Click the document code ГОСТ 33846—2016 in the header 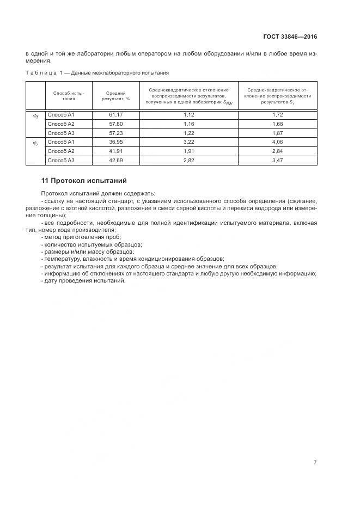click(x=290, y=38)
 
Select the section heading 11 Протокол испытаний click(x=84, y=181)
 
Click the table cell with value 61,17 click(x=115, y=115)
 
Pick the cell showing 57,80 click(x=115, y=124)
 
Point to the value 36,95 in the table click(x=115, y=142)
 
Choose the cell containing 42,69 click(x=115, y=160)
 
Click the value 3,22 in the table click(x=188, y=142)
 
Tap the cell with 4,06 click(x=278, y=142)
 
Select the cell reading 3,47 click(x=278, y=160)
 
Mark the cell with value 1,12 click(x=188, y=115)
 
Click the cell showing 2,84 click(x=278, y=151)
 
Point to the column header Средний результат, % click(x=115, y=96)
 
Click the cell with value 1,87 click(x=278, y=133)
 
